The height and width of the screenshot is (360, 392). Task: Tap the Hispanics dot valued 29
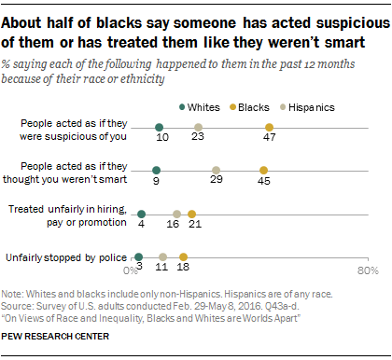click(216, 170)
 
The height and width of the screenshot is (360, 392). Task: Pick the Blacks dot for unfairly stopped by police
click(183, 256)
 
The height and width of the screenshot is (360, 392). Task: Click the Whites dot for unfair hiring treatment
click(142, 213)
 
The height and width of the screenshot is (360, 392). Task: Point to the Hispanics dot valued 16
click(177, 213)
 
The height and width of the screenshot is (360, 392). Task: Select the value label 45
click(264, 183)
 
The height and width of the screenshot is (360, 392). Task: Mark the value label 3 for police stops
click(138, 269)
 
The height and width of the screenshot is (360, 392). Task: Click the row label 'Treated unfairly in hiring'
click(67, 214)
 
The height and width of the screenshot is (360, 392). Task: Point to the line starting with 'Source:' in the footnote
click(121, 304)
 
